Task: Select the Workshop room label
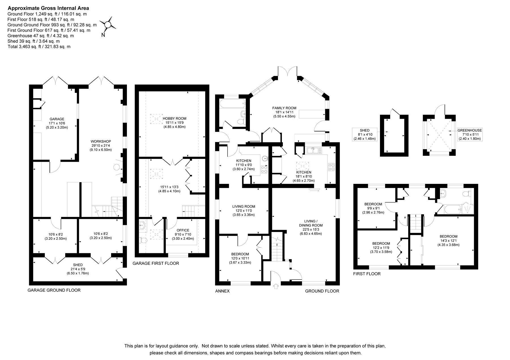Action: [101, 141]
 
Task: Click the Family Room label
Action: [284, 108]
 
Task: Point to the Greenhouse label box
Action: [470, 135]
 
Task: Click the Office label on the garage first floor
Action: [183, 230]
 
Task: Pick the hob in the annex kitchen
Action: [264, 169]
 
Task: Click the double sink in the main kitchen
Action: [314, 150]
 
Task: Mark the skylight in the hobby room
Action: [155, 119]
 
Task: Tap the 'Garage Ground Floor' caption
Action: [54, 290]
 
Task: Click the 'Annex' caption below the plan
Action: [222, 291]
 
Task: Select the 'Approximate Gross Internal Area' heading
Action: [48, 8]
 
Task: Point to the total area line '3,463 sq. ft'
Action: [39, 46]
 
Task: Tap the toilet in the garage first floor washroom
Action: [143, 240]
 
